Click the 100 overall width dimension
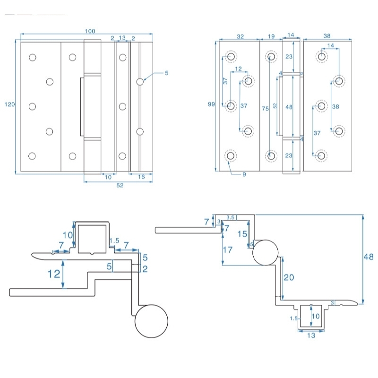tap(90, 32)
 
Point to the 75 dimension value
tap(266, 108)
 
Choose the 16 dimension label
tap(141, 177)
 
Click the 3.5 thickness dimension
tap(231, 217)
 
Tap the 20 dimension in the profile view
tap(288, 277)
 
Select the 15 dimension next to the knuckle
tap(242, 234)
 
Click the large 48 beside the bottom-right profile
tap(369, 257)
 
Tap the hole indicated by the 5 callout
tap(140, 82)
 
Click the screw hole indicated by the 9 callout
tap(231, 156)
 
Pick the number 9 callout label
tap(244, 175)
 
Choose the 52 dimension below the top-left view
tap(120, 186)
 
